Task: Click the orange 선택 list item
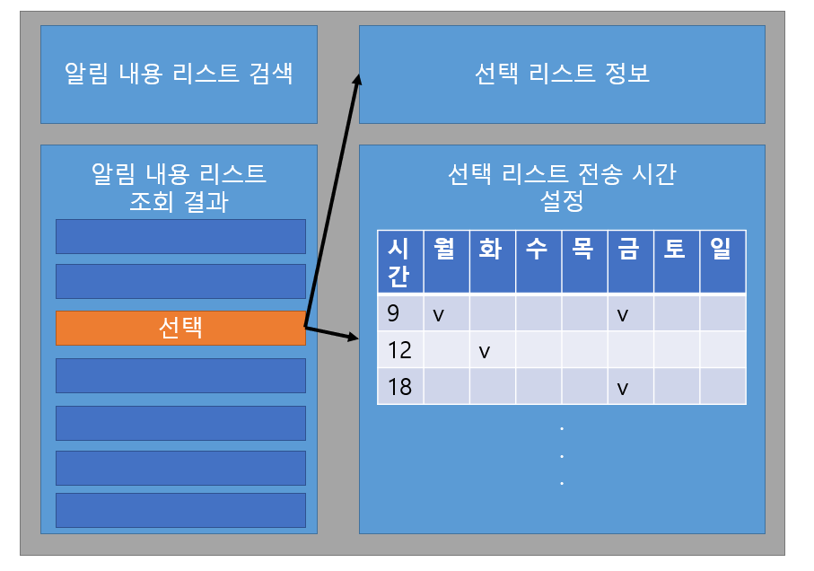click(180, 328)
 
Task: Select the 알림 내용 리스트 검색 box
click(179, 74)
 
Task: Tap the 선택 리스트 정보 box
click(562, 74)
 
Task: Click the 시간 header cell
click(399, 261)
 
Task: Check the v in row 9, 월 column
click(439, 314)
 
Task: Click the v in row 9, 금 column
click(622, 314)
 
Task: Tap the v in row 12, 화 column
click(485, 351)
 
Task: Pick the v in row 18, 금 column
click(622, 389)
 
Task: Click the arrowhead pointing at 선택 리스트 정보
click(356, 81)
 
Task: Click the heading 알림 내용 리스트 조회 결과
click(179, 187)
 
